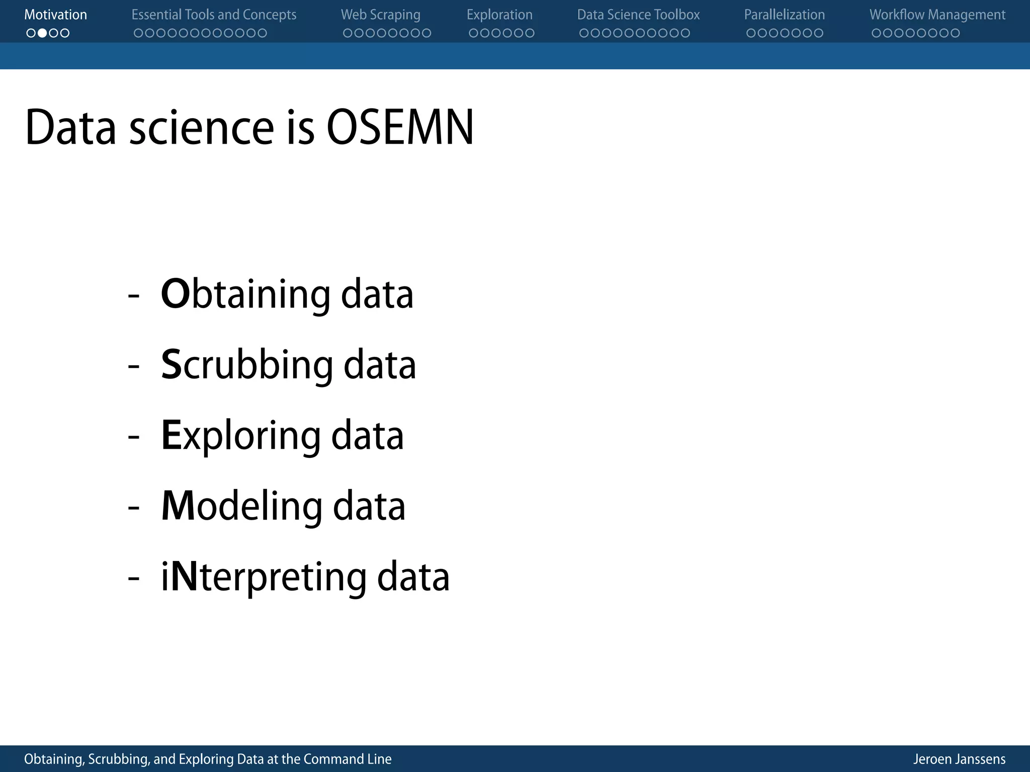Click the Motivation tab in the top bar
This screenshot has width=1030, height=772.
tap(55, 15)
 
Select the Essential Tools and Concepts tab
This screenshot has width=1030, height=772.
tap(214, 15)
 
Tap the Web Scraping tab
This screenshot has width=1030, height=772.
tap(380, 15)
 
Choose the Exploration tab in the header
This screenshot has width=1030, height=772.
tap(499, 15)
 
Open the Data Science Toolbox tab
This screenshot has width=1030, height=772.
tap(638, 15)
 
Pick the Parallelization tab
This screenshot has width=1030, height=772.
tap(784, 15)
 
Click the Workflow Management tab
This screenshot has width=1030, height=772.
tap(937, 15)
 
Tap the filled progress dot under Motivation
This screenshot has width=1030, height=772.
tap(42, 33)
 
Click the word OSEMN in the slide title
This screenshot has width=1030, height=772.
tap(400, 127)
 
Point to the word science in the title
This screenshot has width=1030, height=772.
tap(201, 128)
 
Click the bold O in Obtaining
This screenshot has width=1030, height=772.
tap(175, 294)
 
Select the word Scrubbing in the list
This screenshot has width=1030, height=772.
tap(246, 365)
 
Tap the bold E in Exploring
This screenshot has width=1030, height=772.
tap(171, 435)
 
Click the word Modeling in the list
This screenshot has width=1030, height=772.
tap(241, 506)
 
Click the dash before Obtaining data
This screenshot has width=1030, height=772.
tap(134, 296)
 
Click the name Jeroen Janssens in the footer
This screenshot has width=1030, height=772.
tap(959, 759)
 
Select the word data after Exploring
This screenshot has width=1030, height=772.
tap(367, 435)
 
